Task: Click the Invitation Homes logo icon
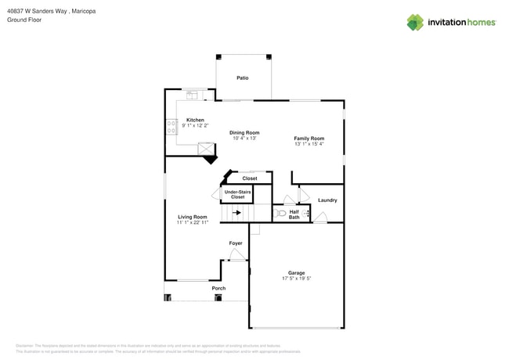pyautogui.click(x=415, y=22)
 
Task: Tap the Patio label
pyautogui.click(x=243, y=78)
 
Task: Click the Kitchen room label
pyautogui.click(x=195, y=120)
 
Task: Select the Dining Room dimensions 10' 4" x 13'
pyautogui.click(x=244, y=139)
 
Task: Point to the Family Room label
pyautogui.click(x=309, y=138)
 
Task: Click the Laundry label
pyautogui.click(x=327, y=200)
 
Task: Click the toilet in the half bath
pyautogui.click(x=281, y=213)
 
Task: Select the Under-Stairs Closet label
pyautogui.click(x=237, y=194)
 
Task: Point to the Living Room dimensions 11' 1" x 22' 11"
pyautogui.click(x=193, y=223)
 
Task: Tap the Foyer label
pyautogui.click(x=236, y=243)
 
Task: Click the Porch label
pyautogui.click(x=219, y=289)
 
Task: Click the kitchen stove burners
pyautogui.click(x=171, y=127)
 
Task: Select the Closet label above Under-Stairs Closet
pyautogui.click(x=249, y=178)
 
